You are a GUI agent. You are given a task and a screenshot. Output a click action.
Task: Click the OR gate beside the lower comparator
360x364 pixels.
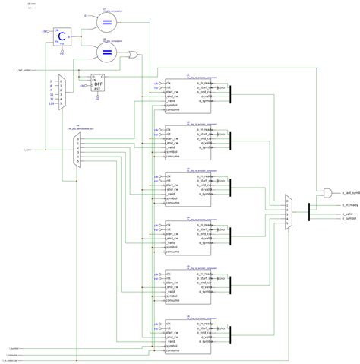[134, 55]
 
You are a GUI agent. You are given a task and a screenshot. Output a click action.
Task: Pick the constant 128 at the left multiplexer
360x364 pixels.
[52, 104]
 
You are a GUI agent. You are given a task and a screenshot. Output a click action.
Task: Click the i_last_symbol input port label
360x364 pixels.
[23, 70]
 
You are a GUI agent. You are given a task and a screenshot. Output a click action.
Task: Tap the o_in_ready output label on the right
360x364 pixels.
[350, 205]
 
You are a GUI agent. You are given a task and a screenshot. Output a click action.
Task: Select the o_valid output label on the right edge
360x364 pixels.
[348, 214]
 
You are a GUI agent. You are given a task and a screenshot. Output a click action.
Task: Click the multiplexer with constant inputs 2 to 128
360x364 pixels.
[63, 90]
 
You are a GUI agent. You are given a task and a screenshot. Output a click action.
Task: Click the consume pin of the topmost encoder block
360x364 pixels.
[174, 110]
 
